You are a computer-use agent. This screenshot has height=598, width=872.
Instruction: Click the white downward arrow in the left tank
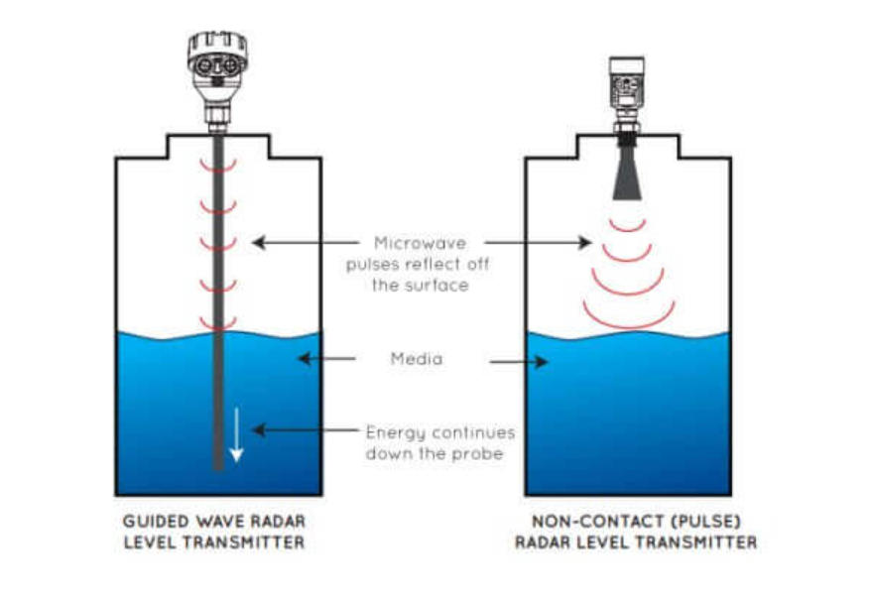pos(236,436)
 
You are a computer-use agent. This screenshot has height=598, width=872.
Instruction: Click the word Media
pos(417,359)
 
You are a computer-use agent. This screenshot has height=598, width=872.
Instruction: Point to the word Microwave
pos(417,243)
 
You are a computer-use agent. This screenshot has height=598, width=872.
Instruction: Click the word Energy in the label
pos(395,432)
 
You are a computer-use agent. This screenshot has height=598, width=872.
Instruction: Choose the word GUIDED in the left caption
pos(155,522)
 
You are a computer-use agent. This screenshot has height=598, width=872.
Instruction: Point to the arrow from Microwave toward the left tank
pos(302,241)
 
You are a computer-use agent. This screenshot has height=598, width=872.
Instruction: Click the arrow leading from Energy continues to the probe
pos(303,430)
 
